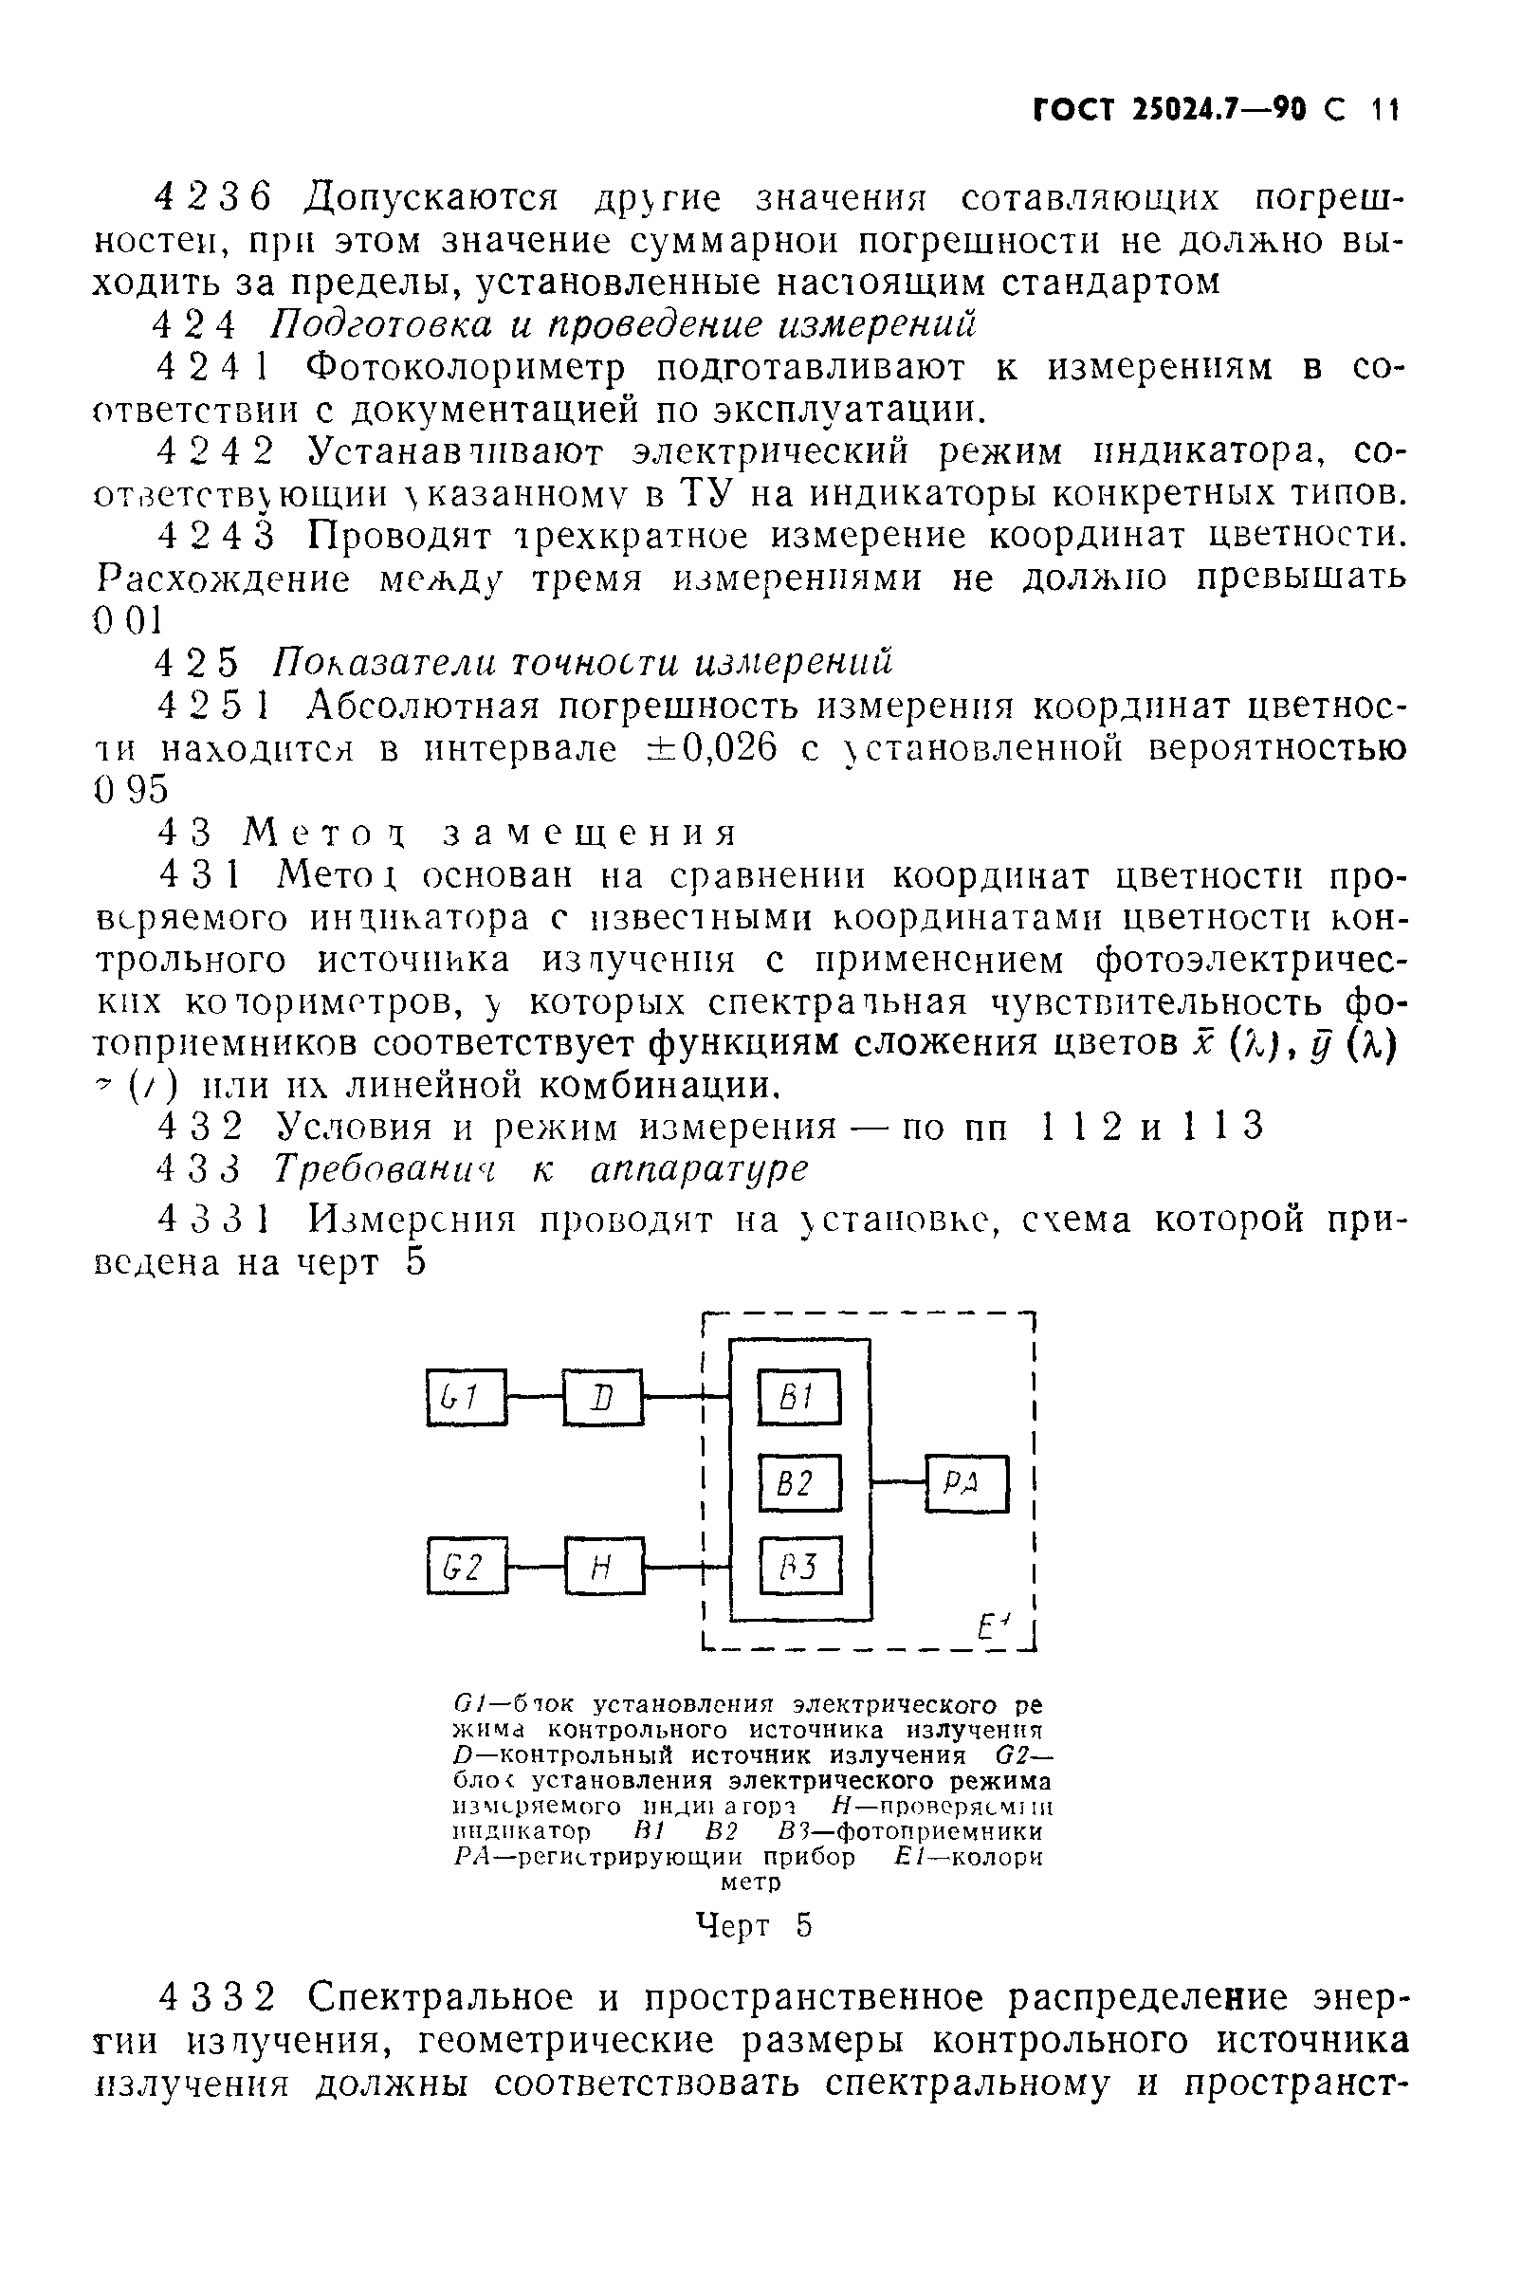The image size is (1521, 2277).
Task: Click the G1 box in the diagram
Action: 467,1397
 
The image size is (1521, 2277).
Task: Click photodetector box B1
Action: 798,1397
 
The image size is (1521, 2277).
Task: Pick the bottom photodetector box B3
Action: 798,1566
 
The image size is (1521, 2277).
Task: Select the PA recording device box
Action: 966,1483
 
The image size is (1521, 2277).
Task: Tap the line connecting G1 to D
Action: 535,1397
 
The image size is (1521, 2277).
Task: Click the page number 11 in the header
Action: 1384,110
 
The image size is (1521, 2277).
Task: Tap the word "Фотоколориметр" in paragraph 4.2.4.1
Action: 466,369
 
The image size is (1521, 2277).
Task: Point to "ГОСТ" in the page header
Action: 1075,110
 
